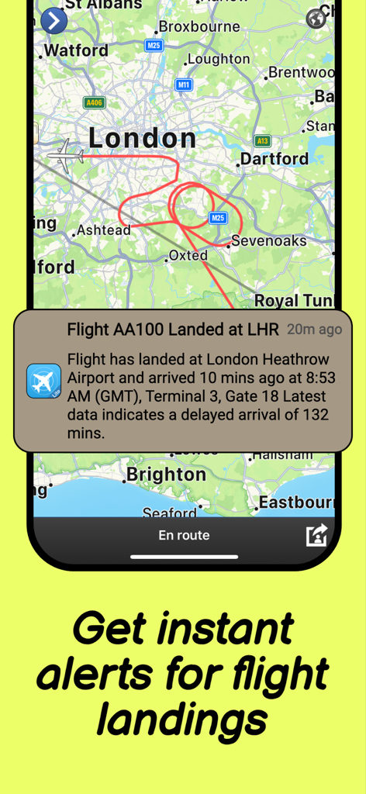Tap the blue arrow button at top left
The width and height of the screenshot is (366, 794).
coord(54,20)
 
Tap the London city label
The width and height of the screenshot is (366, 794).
coord(142,139)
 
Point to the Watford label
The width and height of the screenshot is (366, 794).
coord(75,51)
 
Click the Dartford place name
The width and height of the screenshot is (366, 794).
coord(274,159)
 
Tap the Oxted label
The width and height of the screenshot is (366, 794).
coord(188,255)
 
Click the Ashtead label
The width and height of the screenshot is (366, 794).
coord(102,231)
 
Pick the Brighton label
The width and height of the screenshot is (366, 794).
coord(166,474)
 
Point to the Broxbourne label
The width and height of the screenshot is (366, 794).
coord(199,27)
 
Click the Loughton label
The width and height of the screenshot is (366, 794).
coord(219,59)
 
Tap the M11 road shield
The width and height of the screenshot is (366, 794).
coord(183,85)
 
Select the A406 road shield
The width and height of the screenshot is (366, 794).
coord(94,102)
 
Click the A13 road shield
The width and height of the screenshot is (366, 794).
coord(262,141)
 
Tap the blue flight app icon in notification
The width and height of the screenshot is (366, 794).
coord(43,381)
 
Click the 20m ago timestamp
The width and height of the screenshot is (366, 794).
coord(314,330)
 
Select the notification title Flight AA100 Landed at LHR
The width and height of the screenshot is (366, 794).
coord(172,330)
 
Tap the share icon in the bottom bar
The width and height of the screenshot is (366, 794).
coord(316,535)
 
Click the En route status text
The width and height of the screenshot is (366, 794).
coord(184,535)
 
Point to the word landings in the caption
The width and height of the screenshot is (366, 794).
coord(182,718)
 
